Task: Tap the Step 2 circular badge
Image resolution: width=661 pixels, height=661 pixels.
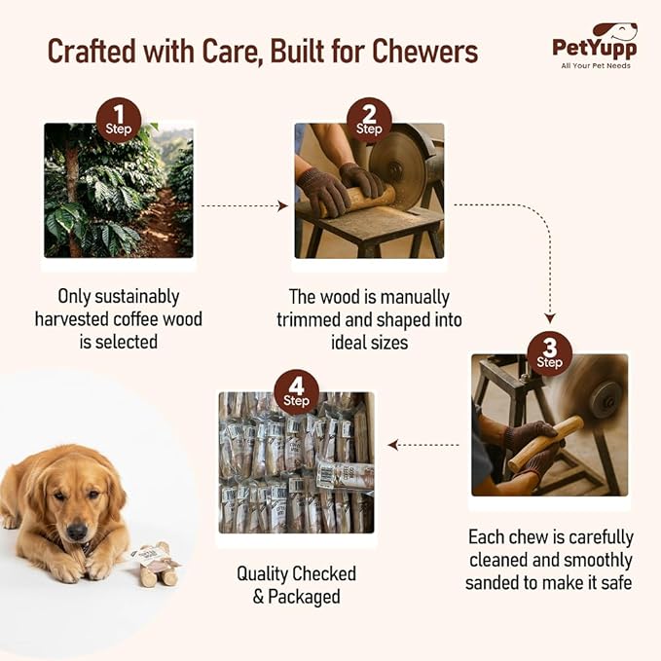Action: (x=369, y=120)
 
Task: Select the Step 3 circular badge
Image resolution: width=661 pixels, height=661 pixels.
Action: (x=550, y=353)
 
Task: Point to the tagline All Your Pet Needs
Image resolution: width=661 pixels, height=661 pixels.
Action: (x=595, y=66)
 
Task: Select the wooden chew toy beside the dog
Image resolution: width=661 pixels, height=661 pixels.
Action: (x=156, y=564)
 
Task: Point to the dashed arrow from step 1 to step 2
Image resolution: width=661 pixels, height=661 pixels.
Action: (x=243, y=206)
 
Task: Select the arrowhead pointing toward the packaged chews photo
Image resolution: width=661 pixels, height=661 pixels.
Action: (x=393, y=445)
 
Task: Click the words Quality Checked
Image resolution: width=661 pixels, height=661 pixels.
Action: (x=297, y=573)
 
